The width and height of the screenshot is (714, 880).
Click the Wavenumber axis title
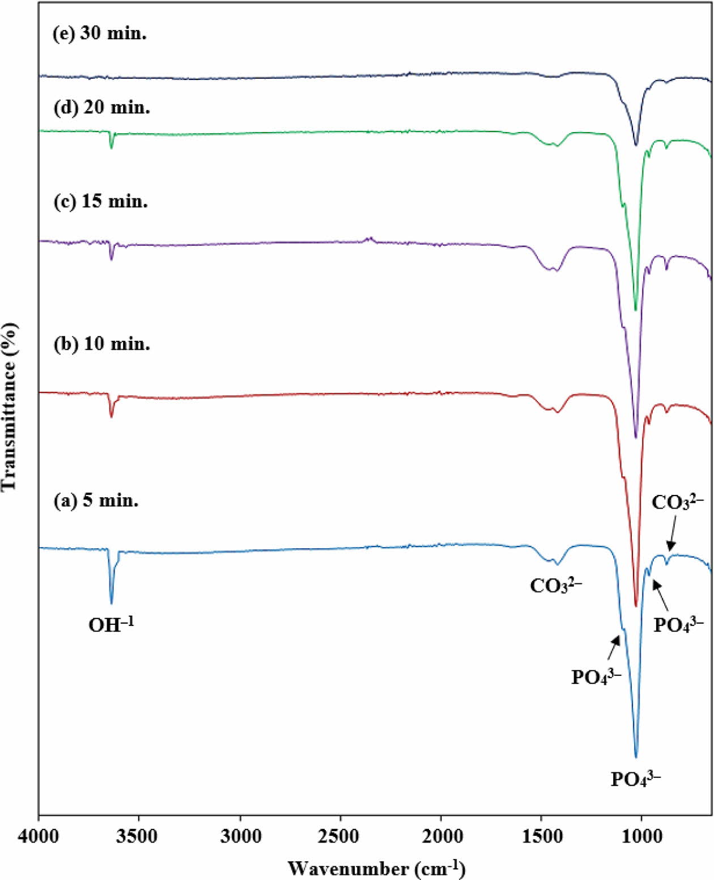377,868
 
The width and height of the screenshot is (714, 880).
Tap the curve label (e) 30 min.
100,33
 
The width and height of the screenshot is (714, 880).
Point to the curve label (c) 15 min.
101,201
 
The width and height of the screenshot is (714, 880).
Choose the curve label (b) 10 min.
102,344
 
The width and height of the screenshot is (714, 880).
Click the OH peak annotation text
111,625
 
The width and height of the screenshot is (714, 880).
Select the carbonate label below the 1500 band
556,586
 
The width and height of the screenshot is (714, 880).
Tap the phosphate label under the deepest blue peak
636,779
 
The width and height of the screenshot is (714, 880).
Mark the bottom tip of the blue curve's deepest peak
636,757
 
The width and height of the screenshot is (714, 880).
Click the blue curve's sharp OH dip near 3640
112,603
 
